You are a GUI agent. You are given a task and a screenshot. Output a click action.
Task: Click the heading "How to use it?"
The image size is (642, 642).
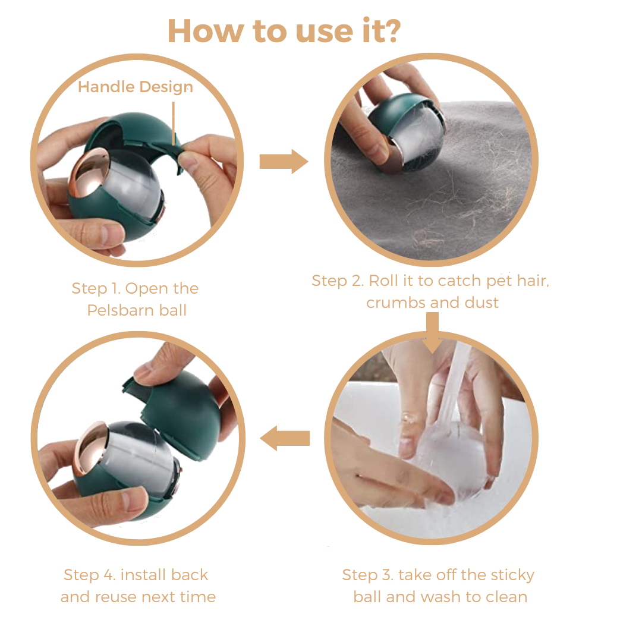coord(284,31)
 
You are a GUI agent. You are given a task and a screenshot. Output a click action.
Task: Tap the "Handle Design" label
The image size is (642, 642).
coord(136,87)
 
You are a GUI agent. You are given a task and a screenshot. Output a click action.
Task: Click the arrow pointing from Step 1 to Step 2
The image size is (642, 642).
coord(284,162)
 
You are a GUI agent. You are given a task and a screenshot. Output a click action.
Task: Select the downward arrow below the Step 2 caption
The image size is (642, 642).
coord(432,332)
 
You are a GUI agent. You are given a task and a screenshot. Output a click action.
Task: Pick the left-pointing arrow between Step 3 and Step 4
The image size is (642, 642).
coord(285,438)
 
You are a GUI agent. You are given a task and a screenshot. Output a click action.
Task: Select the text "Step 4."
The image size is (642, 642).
coord(90,575)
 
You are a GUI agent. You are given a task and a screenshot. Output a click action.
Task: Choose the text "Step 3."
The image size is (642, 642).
coord(368,575)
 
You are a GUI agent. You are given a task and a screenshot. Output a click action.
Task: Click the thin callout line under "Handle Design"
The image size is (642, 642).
coord(174,124)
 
